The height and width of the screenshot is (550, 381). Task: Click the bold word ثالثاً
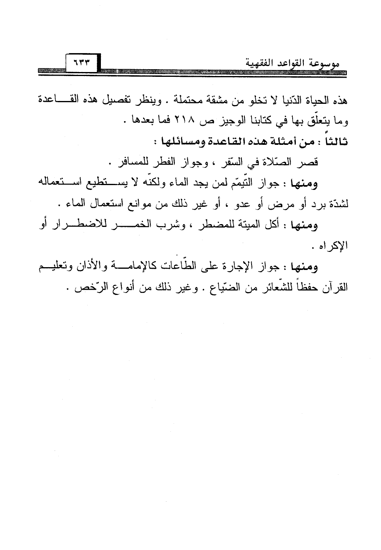coord(335,142)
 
